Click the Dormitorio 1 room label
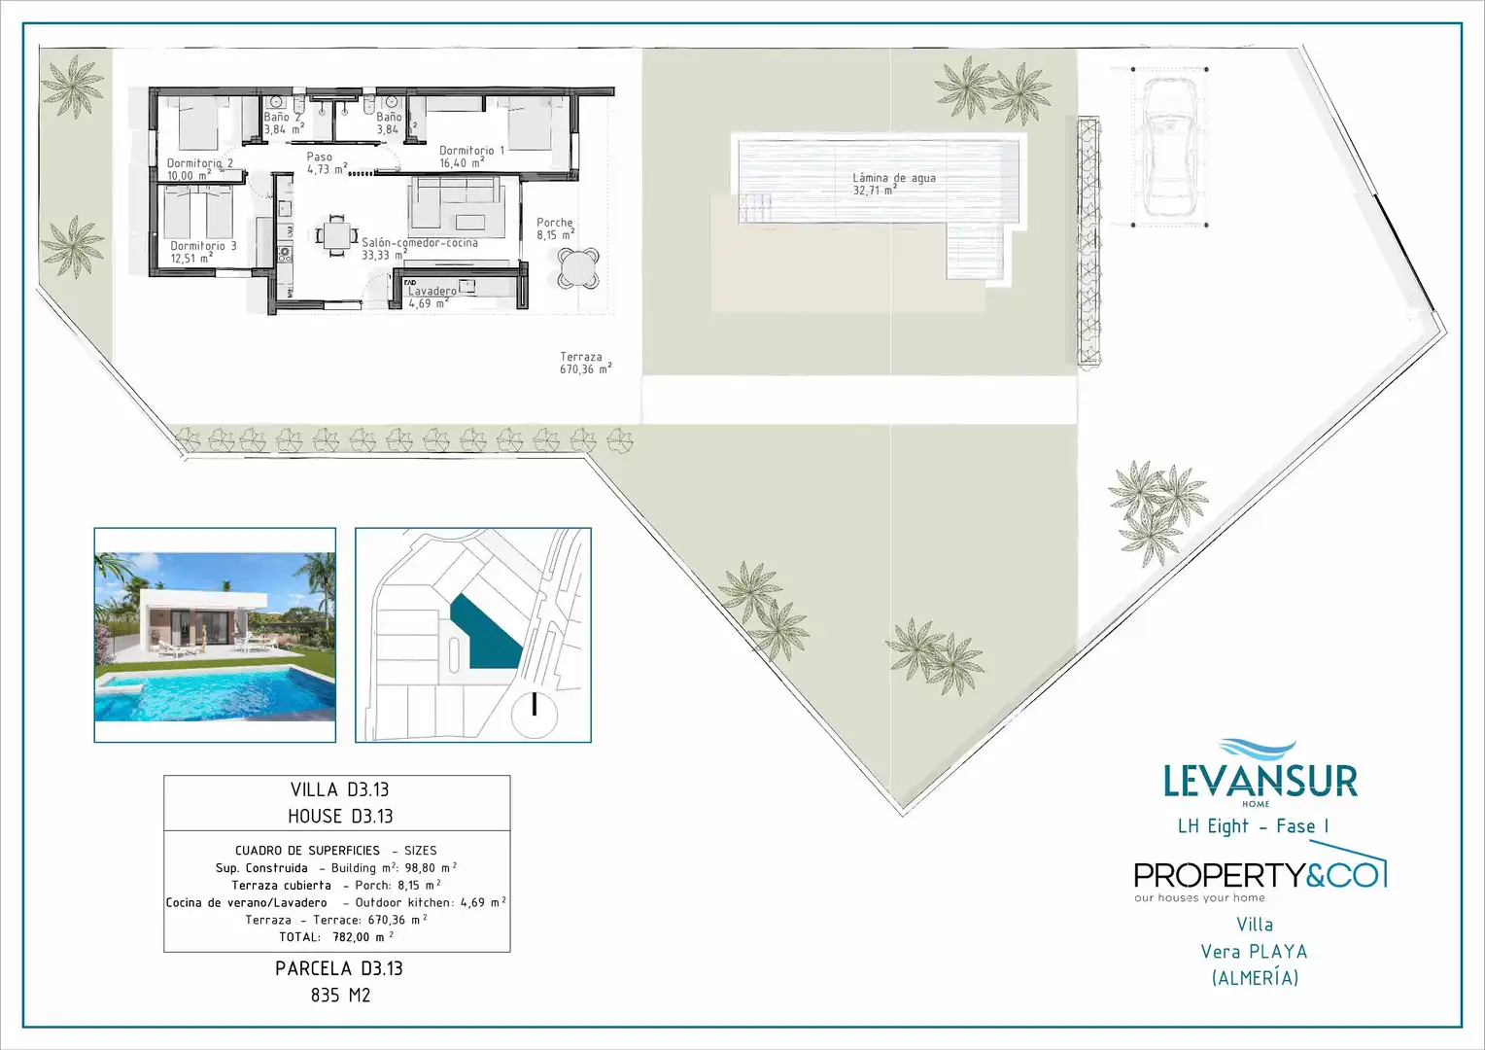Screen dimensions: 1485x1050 point(471,157)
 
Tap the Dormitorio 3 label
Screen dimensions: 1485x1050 point(203,252)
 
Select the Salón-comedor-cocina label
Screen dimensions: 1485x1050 point(419,249)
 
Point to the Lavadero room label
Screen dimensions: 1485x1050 point(432,297)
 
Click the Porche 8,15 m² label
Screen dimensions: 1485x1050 point(555,228)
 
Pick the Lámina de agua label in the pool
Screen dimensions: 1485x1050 point(894,184)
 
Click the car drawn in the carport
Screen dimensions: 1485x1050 point(1169,147)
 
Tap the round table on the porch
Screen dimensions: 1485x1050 point(578,268)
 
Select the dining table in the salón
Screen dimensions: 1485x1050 point(337,235)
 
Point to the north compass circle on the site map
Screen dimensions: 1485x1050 point(534,715)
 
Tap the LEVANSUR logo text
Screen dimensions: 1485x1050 point(1261,781)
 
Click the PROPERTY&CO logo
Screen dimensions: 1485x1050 point(1260,874)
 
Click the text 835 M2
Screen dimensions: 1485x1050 point(340,995)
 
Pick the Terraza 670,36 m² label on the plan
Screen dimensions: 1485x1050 point(585,363)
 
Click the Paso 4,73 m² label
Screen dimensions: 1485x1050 point(327,162)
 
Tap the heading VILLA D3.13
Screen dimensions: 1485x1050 point(339,789)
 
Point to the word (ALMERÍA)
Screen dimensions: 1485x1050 point(1255,978)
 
